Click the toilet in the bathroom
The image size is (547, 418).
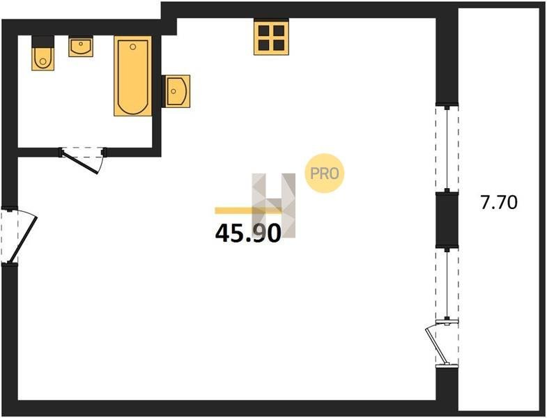43,53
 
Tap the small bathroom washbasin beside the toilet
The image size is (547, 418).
81,46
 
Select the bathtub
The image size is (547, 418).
133,76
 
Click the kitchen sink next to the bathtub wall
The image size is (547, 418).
176,91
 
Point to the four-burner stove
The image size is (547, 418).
271,37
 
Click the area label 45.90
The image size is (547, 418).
248,233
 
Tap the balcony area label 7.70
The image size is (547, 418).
499,202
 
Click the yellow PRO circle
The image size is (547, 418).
325,173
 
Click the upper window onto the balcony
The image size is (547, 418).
447,148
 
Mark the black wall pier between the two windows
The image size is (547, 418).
447,220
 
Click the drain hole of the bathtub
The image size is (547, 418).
132,47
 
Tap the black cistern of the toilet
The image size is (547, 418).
43,42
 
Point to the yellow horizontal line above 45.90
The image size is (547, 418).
248,210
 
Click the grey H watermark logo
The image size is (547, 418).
274,206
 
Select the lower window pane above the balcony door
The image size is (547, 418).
447,284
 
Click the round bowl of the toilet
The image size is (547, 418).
43,61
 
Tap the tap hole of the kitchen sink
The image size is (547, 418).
174,91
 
